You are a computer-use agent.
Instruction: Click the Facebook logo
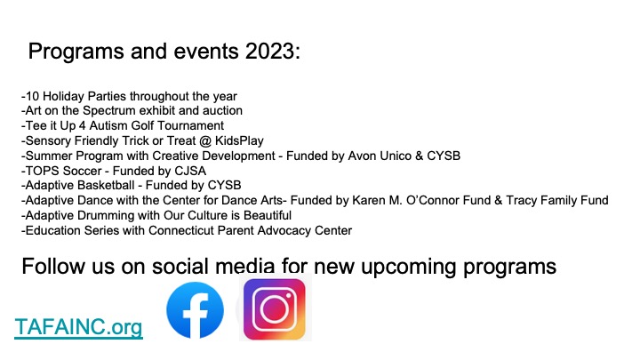(195, 310)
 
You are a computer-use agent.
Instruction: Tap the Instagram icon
(275, 309)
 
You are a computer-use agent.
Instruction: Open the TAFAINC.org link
(78, 327)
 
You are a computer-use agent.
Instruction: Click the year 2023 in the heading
(273, 51)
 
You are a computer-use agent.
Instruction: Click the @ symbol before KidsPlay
(205, 140)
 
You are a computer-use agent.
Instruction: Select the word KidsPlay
(239, 140)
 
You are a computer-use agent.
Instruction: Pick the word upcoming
(409, 268)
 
